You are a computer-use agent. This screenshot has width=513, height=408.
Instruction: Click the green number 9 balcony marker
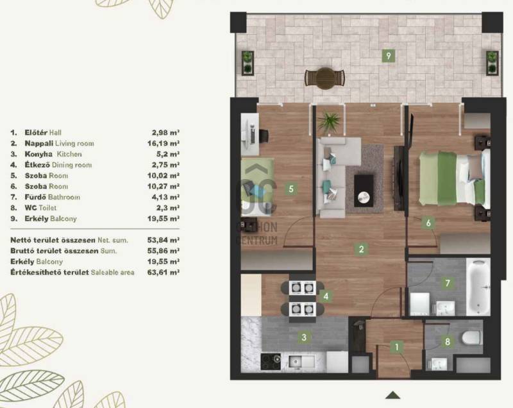pos(389,56)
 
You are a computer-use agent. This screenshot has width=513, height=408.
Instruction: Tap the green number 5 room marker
pos(291,189)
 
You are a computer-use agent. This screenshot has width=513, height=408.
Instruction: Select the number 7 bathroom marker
pos(448,283)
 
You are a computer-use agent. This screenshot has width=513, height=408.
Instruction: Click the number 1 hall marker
pos(397,346)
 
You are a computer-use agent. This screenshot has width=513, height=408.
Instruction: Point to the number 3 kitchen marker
pos(304,337)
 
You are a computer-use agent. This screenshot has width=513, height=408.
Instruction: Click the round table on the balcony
pos(325,78)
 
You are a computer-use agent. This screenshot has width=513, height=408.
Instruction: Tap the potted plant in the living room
pos(329,123)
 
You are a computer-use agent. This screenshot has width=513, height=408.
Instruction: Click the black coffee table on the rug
pos(364,191)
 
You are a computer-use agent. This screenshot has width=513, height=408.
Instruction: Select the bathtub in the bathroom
pos(478,287)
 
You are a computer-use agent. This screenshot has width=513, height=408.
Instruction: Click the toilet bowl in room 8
pos(471,338)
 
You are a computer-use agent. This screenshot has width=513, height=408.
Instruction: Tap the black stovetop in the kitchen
pos(271,362)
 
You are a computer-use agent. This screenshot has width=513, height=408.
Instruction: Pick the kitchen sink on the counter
pos(301,362)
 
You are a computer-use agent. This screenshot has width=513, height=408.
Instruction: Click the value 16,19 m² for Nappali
pos(164,143)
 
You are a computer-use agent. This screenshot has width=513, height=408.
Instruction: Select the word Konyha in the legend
pos(38,154)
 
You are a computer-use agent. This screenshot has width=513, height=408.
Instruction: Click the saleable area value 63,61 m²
pos(164,272)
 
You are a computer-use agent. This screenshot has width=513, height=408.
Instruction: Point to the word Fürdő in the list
pos(35,197)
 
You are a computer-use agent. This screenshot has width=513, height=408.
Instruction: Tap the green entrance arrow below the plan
pos(393,395)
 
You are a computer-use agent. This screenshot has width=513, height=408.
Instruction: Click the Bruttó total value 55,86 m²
pos(164,251)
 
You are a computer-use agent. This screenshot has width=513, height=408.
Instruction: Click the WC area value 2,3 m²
pos(168,208)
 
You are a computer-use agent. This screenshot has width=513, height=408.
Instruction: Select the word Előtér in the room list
pos(36,133)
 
